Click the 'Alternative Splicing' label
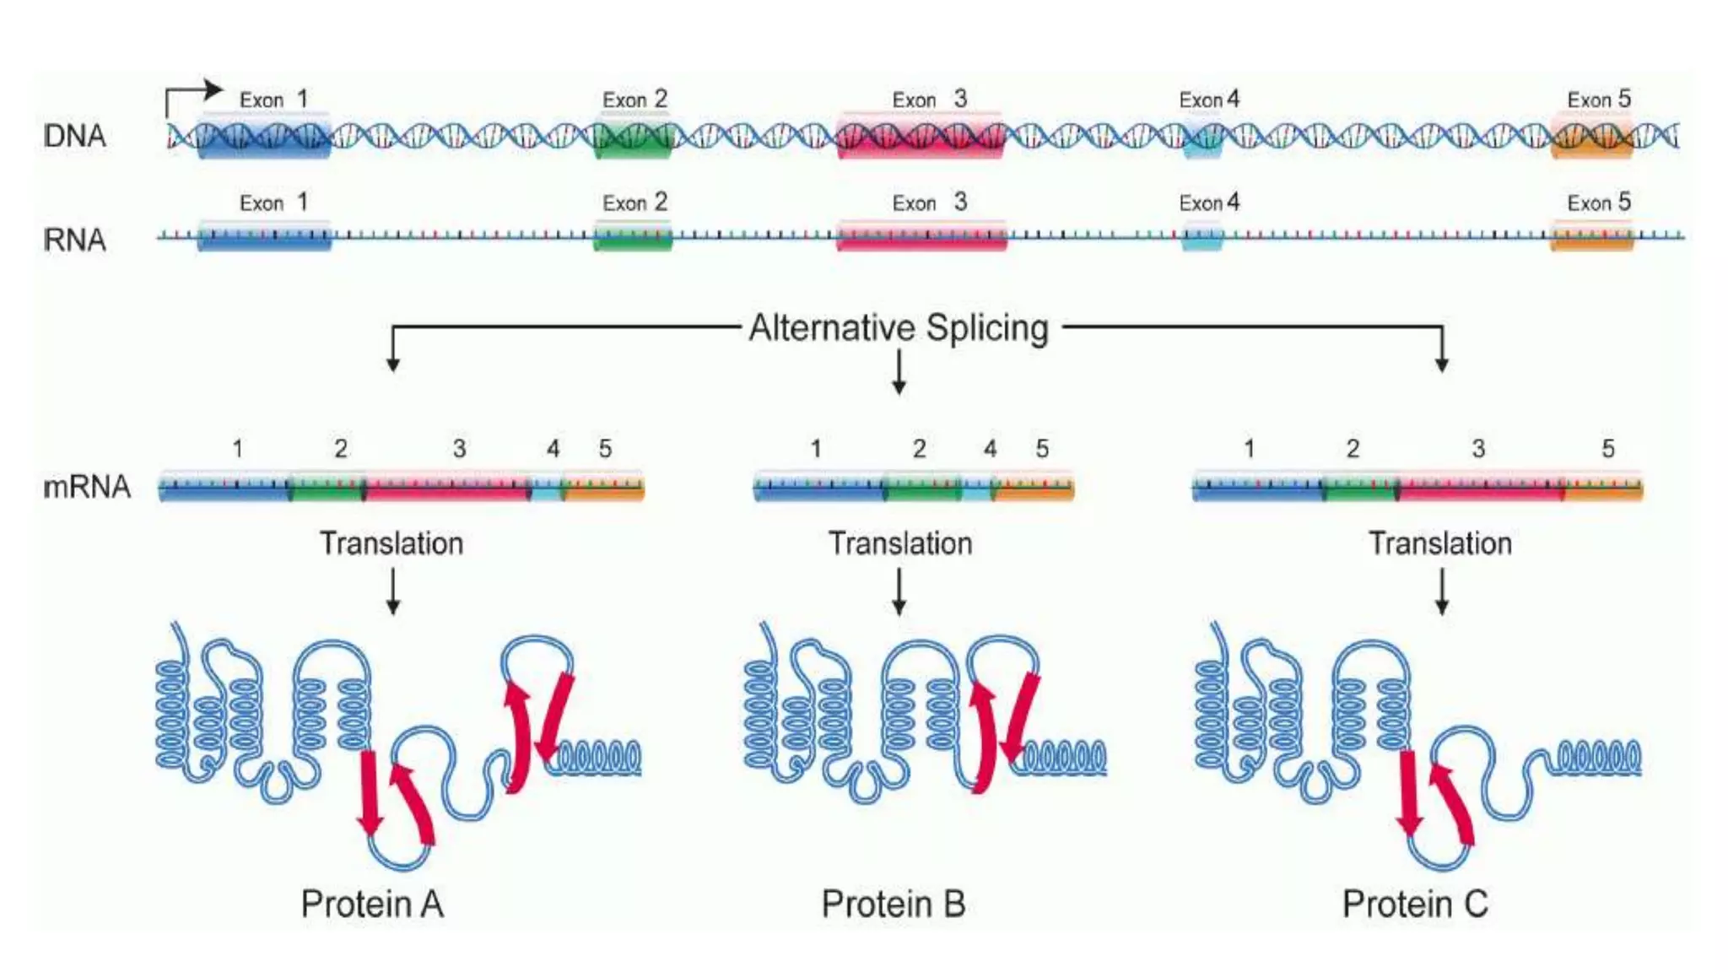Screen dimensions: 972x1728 point(899,327)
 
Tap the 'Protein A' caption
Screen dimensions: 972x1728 point(372,904)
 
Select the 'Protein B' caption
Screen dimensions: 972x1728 point(894,904)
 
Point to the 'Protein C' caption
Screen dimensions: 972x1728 point(1415,904)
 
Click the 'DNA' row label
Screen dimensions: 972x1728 point(74,135)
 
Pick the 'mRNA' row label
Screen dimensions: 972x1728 point(87,487)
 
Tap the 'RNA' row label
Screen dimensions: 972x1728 point(74,240)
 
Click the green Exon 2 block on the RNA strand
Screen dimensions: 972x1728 point(633,237)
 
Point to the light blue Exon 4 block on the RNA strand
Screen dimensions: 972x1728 point(1201,237)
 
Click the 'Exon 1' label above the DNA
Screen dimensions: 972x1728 point(273,100)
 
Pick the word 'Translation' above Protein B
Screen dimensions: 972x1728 point(900,543)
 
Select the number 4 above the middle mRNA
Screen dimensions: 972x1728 point(990,449)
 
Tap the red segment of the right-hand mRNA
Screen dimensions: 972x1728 point(1481,488)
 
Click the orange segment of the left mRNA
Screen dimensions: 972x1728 point(603,488)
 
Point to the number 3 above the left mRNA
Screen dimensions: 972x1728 point(459,449)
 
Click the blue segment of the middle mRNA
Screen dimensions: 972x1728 point(818,488)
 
